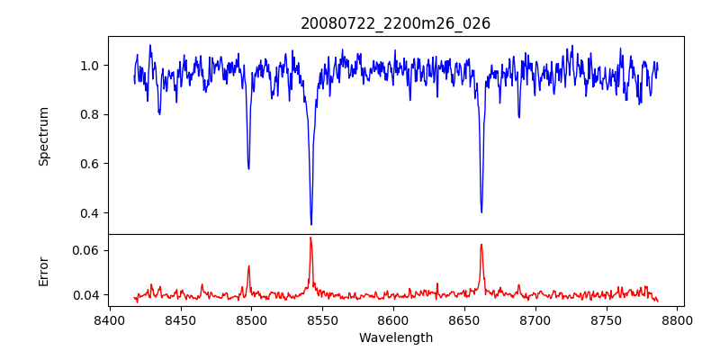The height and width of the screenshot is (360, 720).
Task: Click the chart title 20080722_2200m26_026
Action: [395, 23]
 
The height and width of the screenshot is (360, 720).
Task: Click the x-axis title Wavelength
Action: [395, 337]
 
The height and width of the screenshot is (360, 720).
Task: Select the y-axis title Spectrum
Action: [43, 136]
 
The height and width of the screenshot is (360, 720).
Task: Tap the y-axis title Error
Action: [43, 270]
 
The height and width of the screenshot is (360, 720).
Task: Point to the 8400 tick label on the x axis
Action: [109, 320]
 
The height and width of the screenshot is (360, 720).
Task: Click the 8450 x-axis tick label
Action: [180, 320]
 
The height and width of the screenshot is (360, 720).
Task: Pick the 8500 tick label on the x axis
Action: [251, 320]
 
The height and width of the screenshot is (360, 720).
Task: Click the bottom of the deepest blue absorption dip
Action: [311, 224]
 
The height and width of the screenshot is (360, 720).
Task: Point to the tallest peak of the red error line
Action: [310, 238]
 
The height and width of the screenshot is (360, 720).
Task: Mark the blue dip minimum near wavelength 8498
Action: [248, 168]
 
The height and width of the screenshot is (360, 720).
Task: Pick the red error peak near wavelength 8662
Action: [481, 244]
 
